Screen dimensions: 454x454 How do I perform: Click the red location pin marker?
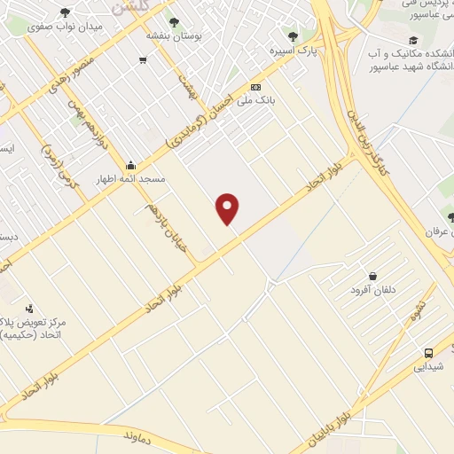tap(228, 207)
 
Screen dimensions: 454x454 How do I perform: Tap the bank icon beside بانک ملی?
tap(256, 87)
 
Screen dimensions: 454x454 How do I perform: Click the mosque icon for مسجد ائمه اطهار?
tap(131, 165)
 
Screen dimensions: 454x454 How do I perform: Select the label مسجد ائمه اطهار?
tap(132, 179)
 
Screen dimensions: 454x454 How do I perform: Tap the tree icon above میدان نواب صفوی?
tap(66, 12)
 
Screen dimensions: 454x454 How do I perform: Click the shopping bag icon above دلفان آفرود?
tap(372, 276)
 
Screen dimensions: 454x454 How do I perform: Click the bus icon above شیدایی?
tap(429, 352)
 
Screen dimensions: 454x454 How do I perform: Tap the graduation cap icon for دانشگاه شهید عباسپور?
tap(412, 41)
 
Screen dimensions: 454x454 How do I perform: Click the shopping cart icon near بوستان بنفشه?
tap(142, 60)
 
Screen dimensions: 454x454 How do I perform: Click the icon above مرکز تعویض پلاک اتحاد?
tap(30, 309)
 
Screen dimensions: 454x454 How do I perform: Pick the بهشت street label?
tap(187, 82)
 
